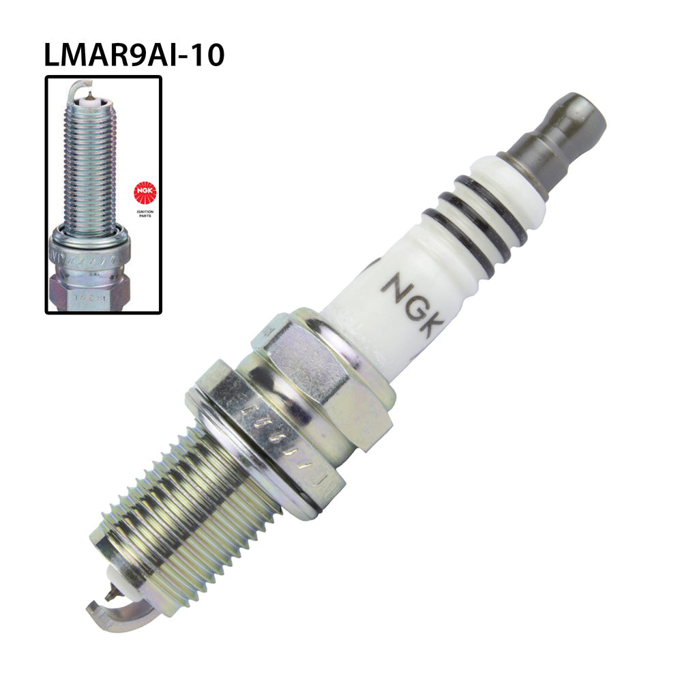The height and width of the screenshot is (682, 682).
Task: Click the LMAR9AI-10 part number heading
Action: click(134, 55)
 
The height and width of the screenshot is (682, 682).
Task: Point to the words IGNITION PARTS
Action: click(145, 213)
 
